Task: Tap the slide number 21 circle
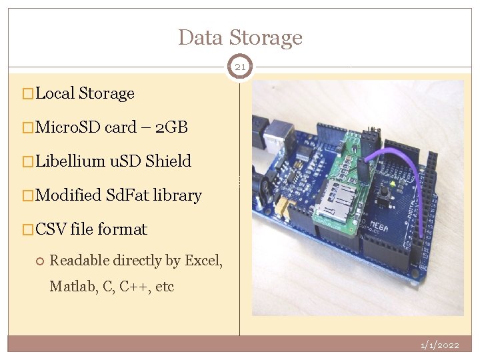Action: (240, 67)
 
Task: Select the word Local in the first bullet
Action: (55, 93)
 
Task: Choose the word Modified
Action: (69, 195)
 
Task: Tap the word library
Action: (177, 195)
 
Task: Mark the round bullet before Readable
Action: (41, 261)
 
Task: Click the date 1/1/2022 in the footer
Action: (439, 345)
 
